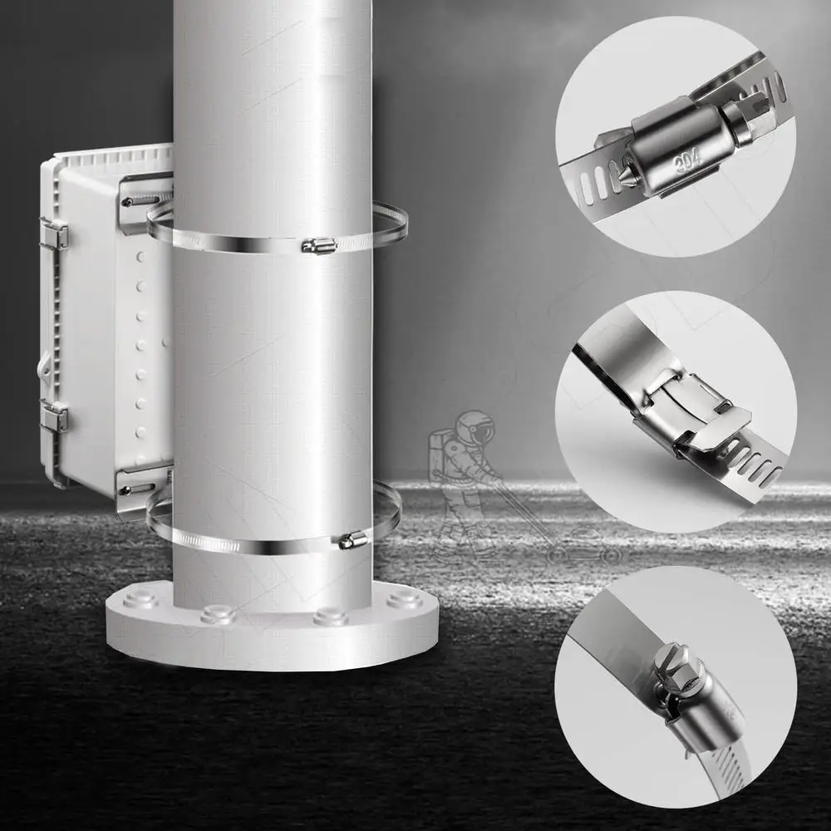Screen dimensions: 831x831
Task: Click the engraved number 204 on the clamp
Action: tap(688, 159)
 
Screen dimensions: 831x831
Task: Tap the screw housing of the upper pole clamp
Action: tap(318, 245)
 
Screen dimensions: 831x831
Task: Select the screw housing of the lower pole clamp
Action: tap(352, 541)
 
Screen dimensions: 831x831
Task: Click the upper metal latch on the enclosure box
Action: tap(54, 234)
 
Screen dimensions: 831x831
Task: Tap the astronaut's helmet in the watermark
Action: tap(475, 429)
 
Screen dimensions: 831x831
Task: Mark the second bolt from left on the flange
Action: tap(218, 614)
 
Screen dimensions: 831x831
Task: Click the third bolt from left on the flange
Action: tap(330, 616)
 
